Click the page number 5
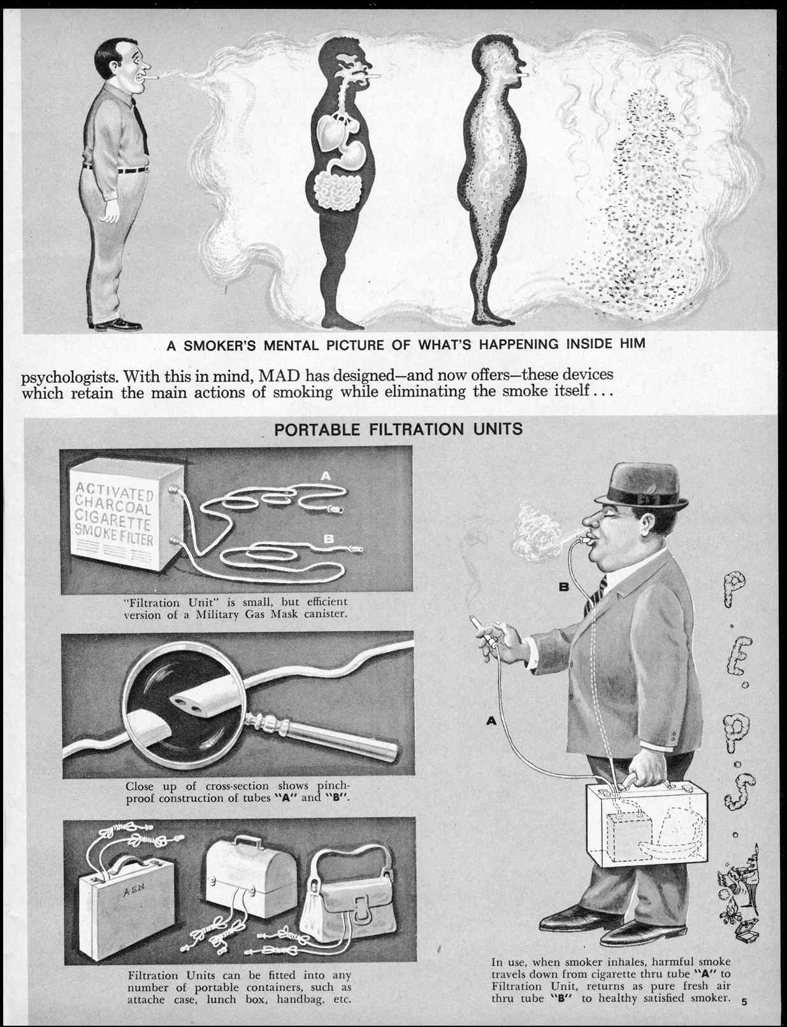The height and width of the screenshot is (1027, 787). click(744, 1000)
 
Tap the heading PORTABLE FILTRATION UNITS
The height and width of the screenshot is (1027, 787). click(398, 429)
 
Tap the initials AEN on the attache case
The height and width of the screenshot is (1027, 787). click(134, 891)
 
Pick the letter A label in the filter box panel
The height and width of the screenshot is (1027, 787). click(326, 476)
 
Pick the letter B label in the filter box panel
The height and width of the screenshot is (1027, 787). click(329, 538)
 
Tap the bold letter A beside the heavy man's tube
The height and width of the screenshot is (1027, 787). click(491, 721)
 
